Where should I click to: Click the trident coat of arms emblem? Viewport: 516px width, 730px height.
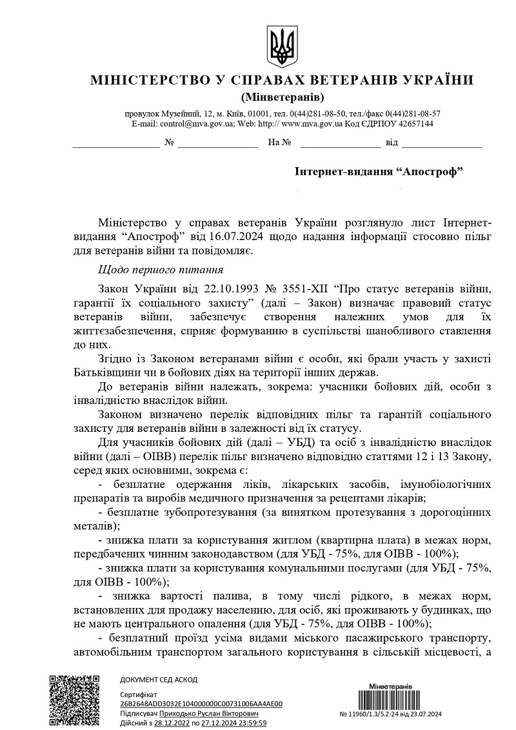[x=282, y=47]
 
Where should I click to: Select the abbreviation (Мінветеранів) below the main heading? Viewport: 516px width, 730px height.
[x=282, y=97]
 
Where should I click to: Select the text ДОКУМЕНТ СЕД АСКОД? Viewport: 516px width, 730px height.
[x=159, y=680]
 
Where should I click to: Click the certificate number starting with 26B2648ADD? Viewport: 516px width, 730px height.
[x=201, y=704]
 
